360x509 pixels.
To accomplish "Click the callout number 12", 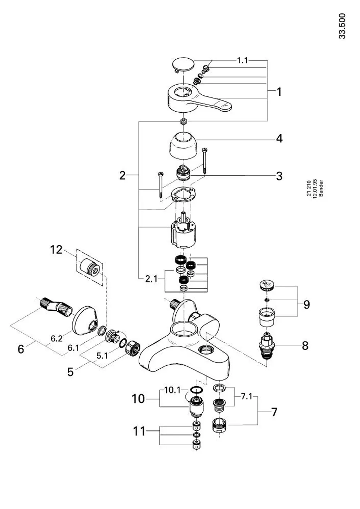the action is click(x=56, y=250).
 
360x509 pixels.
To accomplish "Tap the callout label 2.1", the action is click(x=151, y=279).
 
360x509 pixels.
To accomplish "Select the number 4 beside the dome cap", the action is click(x=279, y=139).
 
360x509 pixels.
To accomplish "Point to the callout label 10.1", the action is click(x=172, y=390).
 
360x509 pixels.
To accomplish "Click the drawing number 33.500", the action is click(x=342, y=26).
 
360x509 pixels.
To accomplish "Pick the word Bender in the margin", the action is click(x=321, y=188).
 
